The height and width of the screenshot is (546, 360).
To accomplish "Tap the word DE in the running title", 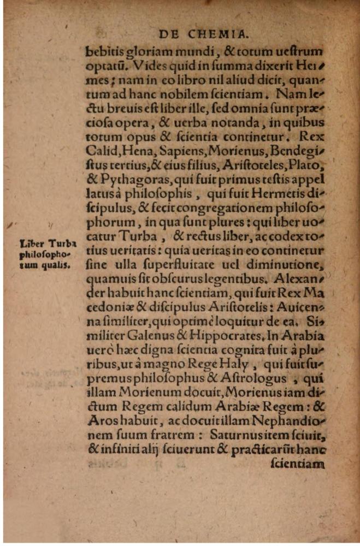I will point(169,34).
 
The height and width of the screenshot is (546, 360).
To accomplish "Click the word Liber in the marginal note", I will point(31,244).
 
